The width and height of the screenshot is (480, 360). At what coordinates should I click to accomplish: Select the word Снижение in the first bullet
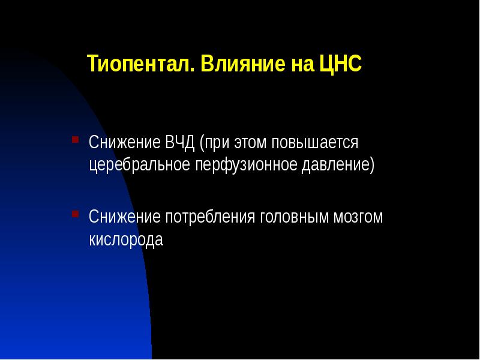pyautogui.click(x=124, y=144)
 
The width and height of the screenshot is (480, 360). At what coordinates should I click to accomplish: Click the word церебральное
pyautogui.click(x=139, y=164)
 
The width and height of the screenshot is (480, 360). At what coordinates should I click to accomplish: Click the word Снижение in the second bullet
pyautogui.click(x=124, y=217)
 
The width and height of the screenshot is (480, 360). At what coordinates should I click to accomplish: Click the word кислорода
pyautogui.click(x=126, y=239)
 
